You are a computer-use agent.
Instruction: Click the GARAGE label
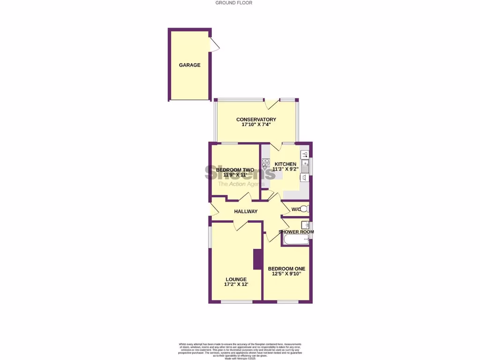click(189, 65)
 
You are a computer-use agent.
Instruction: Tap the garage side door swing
click(215, 45)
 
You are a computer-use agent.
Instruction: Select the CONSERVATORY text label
click(256, 120)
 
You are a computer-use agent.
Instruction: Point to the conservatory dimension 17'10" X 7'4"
click(256, 125)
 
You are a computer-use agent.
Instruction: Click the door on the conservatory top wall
click(271, 104)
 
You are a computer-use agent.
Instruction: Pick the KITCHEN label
click(285, 164)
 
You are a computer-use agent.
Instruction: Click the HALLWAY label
click(246, 211)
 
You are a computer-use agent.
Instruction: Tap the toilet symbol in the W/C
click(304, 209)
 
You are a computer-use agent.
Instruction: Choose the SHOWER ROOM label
click(296, 232)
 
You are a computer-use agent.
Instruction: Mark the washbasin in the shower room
click(305, 225)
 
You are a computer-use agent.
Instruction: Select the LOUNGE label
click(235, 279)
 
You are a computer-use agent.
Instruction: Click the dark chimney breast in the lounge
click(257, 259)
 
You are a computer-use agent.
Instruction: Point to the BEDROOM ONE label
click(286, 269)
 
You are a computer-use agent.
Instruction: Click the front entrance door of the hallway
click(214, 210)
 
